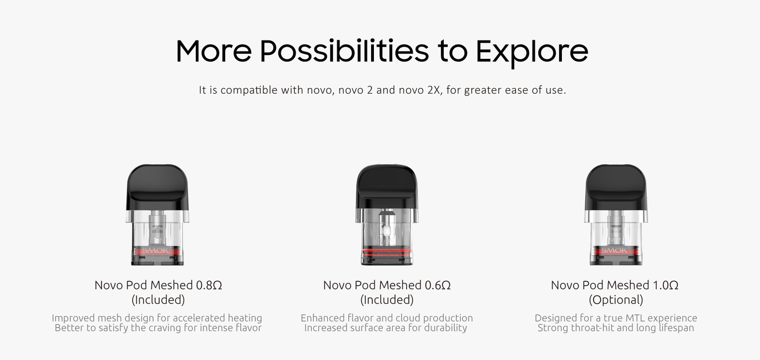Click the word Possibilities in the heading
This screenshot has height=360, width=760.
(344, 51)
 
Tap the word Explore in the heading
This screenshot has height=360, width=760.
(532, 52)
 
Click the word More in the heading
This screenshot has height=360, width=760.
(214, 51)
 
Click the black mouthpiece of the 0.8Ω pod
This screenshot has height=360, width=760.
(158, 187)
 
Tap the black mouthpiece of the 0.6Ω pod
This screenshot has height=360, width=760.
(387, 187)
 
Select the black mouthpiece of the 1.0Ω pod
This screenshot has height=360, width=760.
(616, 187)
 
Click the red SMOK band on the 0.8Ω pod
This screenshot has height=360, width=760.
(158, 251)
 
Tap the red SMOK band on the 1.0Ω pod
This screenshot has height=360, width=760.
(616, 251)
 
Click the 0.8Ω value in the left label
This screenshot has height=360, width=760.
(209, 285)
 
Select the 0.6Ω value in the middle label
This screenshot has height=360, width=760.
(438, 285)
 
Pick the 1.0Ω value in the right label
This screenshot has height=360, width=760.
(665, 285)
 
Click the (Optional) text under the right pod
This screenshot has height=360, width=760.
(616, 300)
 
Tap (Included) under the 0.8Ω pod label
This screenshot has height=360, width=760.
(158, 300)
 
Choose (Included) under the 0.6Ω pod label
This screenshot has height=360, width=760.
(387, 300)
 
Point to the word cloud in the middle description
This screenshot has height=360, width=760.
(406, 318)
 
